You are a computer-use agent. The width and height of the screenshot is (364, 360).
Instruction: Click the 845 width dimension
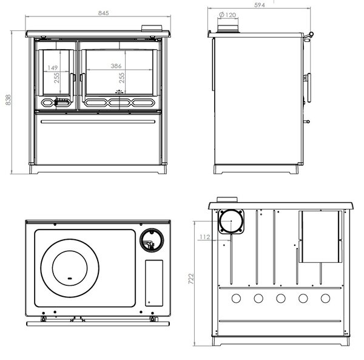point(103,13)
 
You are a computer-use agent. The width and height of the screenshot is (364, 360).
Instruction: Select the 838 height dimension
point(8,100)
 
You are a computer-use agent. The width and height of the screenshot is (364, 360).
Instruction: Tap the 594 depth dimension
point(259,5)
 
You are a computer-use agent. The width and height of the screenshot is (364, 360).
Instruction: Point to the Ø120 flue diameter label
point(227,15)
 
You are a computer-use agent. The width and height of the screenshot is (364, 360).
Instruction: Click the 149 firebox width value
point(52,68)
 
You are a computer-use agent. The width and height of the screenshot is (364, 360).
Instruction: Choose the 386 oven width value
point(116,66)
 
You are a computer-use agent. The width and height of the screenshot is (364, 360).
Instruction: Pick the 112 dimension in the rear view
point(205,237)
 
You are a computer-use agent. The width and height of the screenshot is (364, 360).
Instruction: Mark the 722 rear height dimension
point(191,279)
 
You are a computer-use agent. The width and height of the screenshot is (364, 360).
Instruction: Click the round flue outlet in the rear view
point(231,221)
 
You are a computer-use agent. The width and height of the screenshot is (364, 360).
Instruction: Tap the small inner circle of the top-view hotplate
point(70,268)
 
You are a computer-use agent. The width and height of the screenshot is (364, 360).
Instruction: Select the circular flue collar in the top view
point(152,240)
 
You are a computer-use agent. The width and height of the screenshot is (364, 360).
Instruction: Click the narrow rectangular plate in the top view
point(154,283)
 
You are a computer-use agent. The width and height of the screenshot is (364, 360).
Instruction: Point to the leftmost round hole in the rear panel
point(236,298)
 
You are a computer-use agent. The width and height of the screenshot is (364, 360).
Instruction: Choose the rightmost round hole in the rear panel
point(325,298)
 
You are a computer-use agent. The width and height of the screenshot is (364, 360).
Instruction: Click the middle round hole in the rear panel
point(281,298)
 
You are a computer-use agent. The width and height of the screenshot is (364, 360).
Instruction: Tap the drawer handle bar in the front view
point(98,121)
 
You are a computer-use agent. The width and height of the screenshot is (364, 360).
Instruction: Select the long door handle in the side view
point(309,88)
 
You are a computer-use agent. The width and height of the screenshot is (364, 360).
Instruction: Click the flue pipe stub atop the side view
point(227,29)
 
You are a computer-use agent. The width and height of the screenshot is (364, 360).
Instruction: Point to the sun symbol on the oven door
point(119,92)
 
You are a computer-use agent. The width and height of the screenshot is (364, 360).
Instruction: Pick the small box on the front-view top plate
point(152,28)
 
